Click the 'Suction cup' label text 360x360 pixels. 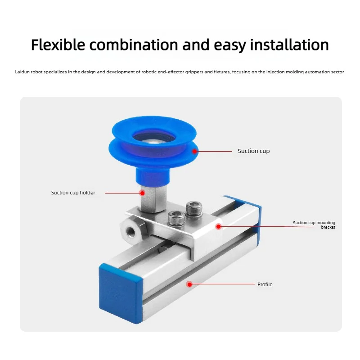pos(254,151)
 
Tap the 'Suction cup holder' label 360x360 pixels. pos(73,193)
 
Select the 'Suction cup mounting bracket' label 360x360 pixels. pos(314,225)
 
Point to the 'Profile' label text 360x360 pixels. pos(265,284)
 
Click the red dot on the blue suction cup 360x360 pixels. pos(195,151)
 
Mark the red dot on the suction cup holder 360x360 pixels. pos(142,193)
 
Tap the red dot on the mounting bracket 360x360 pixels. pos(218,227)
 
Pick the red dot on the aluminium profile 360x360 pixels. pos(189,284)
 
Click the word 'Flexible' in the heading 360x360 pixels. pos(58,45)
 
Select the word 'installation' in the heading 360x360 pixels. pos(289,45)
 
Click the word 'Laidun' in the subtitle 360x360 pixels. pos(22,72)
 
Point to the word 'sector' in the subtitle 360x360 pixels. pos(337,72)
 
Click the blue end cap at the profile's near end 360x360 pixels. pos(120,293)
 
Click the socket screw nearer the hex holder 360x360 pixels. pos(176,218)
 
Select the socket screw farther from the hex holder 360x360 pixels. pos(194,207)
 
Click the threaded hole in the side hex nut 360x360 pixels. pos(130,230)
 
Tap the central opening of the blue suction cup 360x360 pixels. pos(154,138)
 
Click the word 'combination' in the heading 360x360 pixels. pos(134,45)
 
